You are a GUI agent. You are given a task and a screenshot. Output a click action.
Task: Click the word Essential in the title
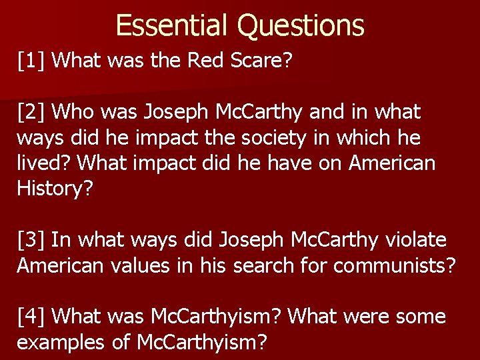tap(173, 25)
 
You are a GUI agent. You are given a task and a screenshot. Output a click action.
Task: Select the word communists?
tap(395, 265)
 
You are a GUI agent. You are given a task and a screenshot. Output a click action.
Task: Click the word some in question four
tap(421, 316)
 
